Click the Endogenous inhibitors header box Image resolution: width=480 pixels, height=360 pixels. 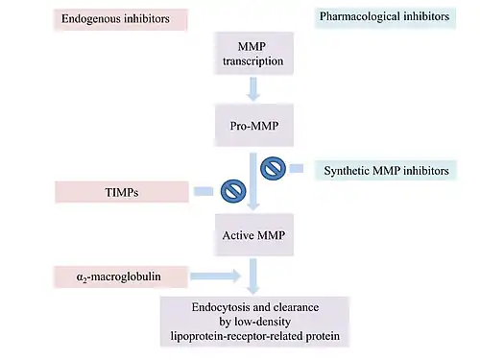click(x=120, y=19)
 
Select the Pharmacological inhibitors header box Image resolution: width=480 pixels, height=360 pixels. click(x=385, y=17)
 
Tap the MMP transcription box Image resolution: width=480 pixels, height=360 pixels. click(x=253, y=54)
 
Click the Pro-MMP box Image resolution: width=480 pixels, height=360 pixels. click(x=254, y=125)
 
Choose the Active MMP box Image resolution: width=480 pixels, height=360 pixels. click(x=254, y=235)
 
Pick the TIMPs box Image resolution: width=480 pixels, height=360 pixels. click(x=122, y=192)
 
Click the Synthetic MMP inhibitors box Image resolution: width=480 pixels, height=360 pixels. click(x=386, y=171)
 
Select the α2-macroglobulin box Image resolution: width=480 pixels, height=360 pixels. click(x=120, y=276)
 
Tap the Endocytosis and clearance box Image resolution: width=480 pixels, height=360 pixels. click(x=254, y=322)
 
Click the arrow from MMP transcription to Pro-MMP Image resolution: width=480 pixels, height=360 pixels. click(x=253, y=89)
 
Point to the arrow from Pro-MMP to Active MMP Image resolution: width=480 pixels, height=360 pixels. click(x=253, y=181)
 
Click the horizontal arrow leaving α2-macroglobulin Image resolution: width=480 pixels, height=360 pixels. click(x=216, y=276)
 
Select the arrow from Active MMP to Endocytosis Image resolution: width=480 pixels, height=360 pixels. click(x=253, y=276)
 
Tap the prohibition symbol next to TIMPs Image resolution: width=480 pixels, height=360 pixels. click(x=233, y=191)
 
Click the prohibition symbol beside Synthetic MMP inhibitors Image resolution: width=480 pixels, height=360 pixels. click(x=273, y=168)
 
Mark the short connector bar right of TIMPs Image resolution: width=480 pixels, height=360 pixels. click(x=204, y=191)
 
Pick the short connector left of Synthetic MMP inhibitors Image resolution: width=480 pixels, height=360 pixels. click(x=297, y=168)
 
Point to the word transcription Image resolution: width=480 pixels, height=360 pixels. click(x=253, y=61)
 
